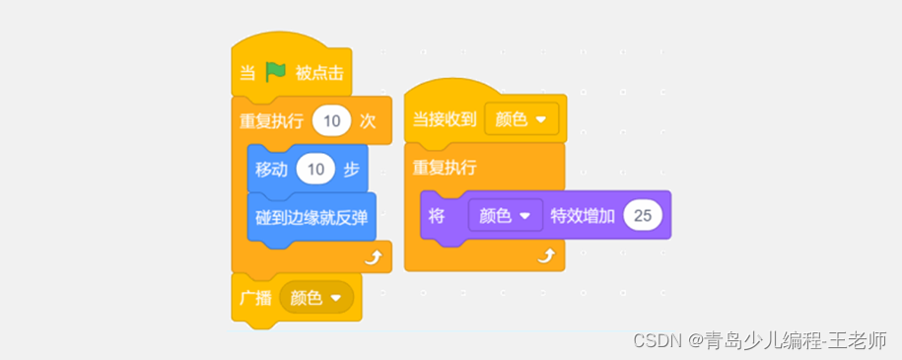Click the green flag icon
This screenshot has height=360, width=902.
pyautogui.click(x=274, y=73)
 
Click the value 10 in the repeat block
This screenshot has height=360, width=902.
pyautogui.click(x=331, y=121)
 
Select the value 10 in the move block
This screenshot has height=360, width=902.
pyautogui.click(x=315, y=169)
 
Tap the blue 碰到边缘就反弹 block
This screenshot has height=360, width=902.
pyautogui.click(x=311, y=217)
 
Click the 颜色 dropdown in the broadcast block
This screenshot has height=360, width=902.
pyautogui.click(x=315, y=297)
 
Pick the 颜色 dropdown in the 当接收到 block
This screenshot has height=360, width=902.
pyautogui.click(x=520, y=119)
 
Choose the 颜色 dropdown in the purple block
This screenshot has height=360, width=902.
pyautogui.click(x=505, y=215)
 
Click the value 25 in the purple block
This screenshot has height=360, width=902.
pyautogui.click(x=643, y=215)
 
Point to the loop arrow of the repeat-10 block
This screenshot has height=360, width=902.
pyautogui.click(x=374, y=258)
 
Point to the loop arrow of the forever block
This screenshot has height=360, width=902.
pyautogui.click(x=546, y=256)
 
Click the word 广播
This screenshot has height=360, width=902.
pyautogui.click(x=255, y=297)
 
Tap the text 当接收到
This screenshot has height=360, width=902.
pyautogui.click(x=443, y=119)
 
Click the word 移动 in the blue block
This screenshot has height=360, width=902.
pyautogui.click(x=271, y=169)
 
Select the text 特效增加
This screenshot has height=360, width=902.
pyautogui.click(x=582, y=215)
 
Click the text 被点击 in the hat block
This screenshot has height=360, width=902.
pyautogui.click(x=319, y=73)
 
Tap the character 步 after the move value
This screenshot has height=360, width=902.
pyautogui.click(x=351, y=169)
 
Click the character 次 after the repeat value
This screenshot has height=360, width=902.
pyautogui.click(x=368, y=121)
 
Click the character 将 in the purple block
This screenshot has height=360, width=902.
pyautogui.click(x=438, y=215)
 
